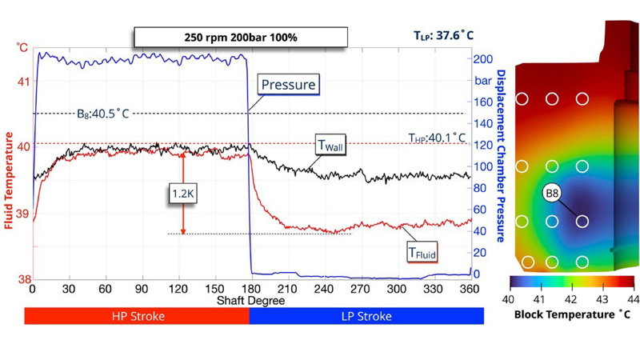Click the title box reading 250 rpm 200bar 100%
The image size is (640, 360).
pos(240,37)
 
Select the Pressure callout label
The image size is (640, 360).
pos(288,84)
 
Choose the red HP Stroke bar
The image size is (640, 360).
pos(137,316)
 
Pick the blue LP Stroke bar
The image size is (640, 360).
pos(366,316)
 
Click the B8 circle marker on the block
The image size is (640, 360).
pos(552,194)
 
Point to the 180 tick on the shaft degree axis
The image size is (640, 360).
pos(250,289)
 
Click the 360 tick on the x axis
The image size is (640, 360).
pos(470,289)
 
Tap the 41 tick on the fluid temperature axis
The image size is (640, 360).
pos(22,82)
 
